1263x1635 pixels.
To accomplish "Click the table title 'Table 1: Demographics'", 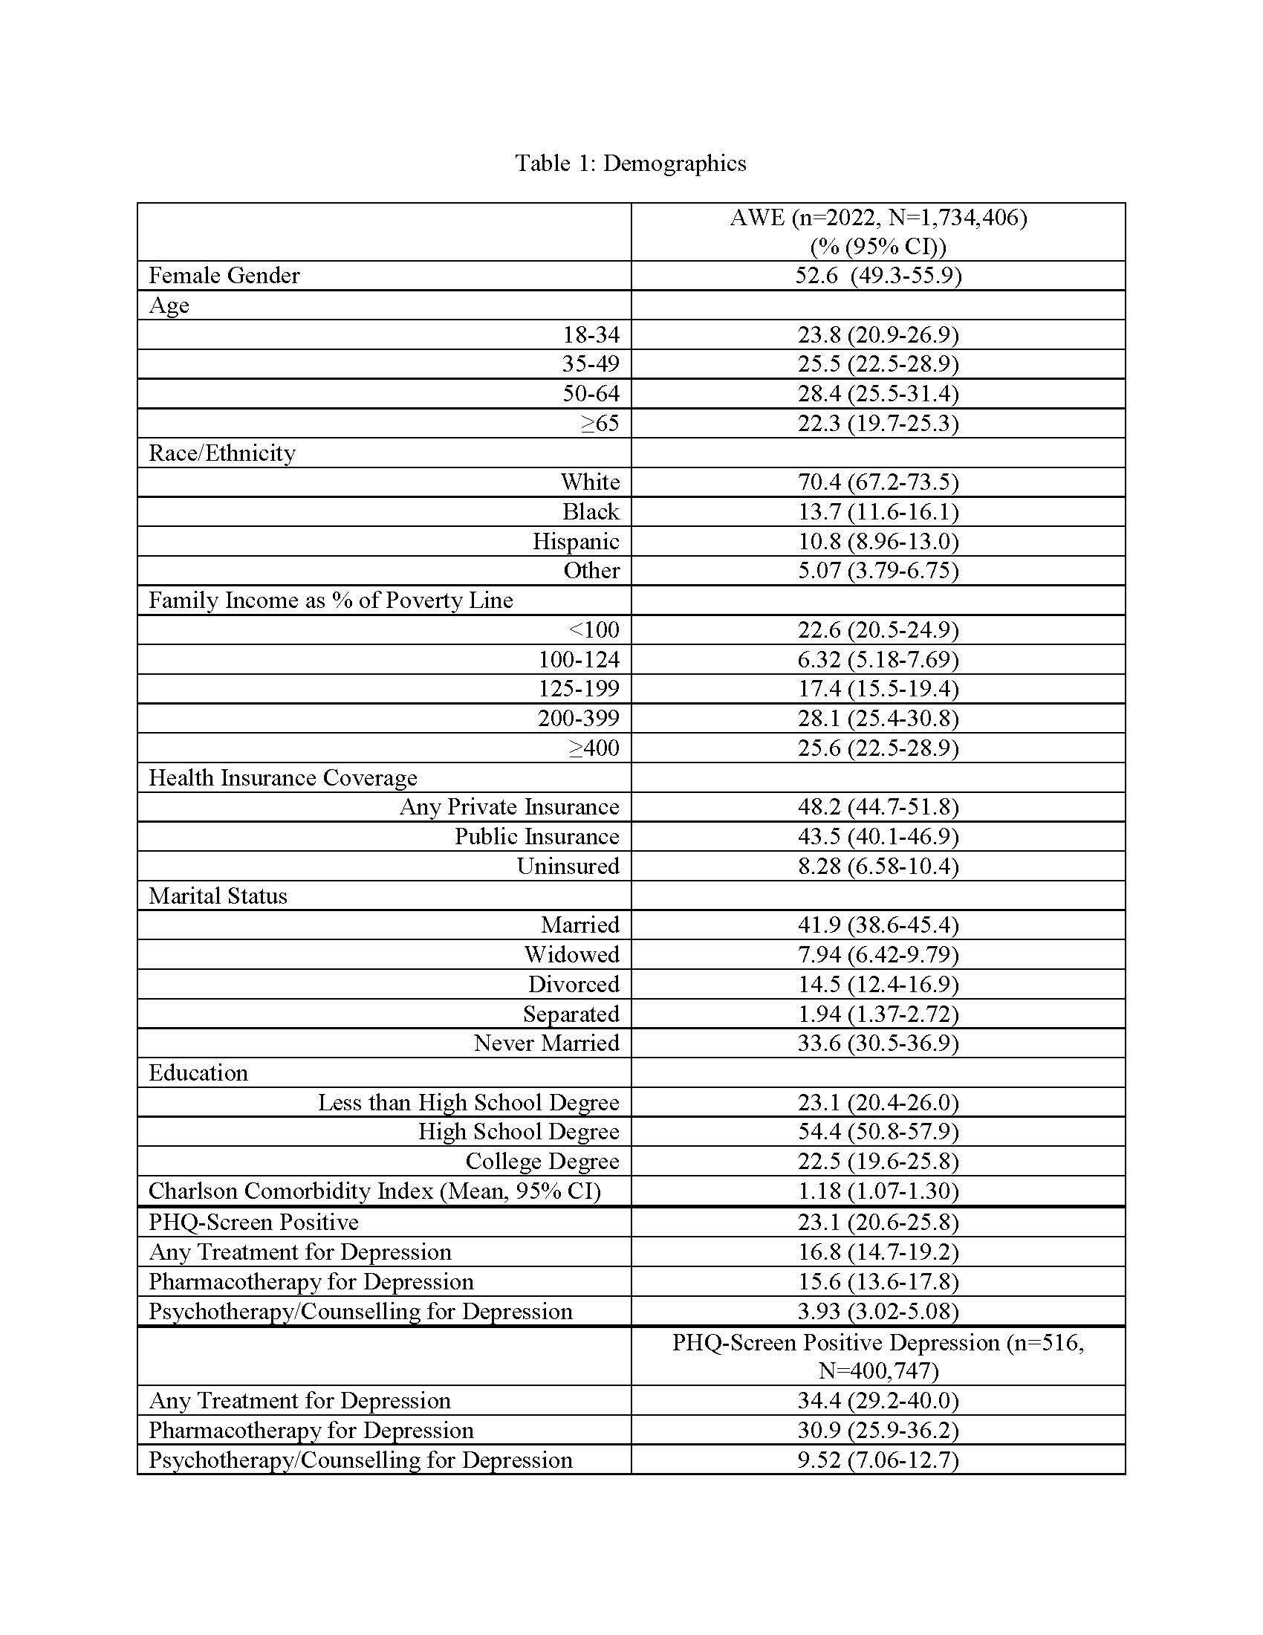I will pyautogui.click(x=630, y=163).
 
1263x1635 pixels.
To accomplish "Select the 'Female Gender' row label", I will pyautogui.click(x=224, y=276).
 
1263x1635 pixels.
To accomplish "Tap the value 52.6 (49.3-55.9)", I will pyautogui.click(x=877, y=276).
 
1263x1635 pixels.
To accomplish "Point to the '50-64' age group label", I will pyautogui.click(x=591, y=394).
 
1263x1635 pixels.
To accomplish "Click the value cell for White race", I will pyautogui.click(x=877, y=482).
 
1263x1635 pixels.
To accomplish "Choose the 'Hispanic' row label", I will pyautogui.click(x=575, y=541).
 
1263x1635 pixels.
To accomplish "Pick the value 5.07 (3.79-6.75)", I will pyautogui.click(x=877, y=571).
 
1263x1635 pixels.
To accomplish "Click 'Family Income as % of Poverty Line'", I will pyautogui.click(x=331, y=600).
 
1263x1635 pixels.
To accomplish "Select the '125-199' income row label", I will pyautogui.click(x=578, y=689).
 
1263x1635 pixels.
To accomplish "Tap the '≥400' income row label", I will pyautogui.click(x=594, y=748).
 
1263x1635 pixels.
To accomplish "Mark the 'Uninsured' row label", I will pyautogui.click(x=568, y=866).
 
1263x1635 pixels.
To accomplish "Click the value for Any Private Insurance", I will pyautogui.click(x=877, y=807).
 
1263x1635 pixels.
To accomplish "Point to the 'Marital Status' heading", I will pyautogui.click(x=218, y=896).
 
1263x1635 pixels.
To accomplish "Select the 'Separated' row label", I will pyautogui.click(x=571, y=1014).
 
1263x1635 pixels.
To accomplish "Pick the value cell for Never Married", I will pyautogui.click(x=877, y=1043).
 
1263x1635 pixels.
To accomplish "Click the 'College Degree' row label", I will pyautogui.click(x=542, y=1161).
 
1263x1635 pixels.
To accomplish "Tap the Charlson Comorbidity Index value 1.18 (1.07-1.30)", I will pyautogui.click(x=877, y=1191).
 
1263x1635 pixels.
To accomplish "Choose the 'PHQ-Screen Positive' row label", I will pyautogui.click(x=253, y=1223).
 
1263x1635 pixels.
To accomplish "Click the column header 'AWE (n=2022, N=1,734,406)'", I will pyautogui.click(x=877, y=218).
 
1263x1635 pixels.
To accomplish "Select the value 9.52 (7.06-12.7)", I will pyautogui.click(x=877, y=1460).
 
